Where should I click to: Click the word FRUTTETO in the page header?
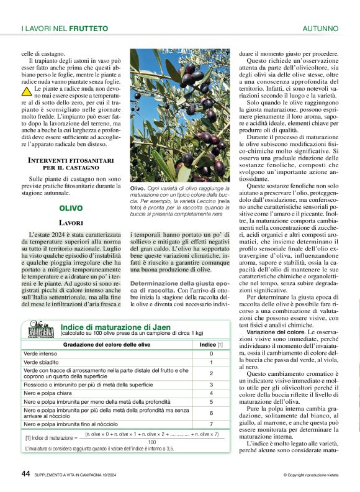(x=88, y=29)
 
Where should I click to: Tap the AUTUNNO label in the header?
(x=320, y=29)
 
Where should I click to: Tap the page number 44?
(x=26, y=473)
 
